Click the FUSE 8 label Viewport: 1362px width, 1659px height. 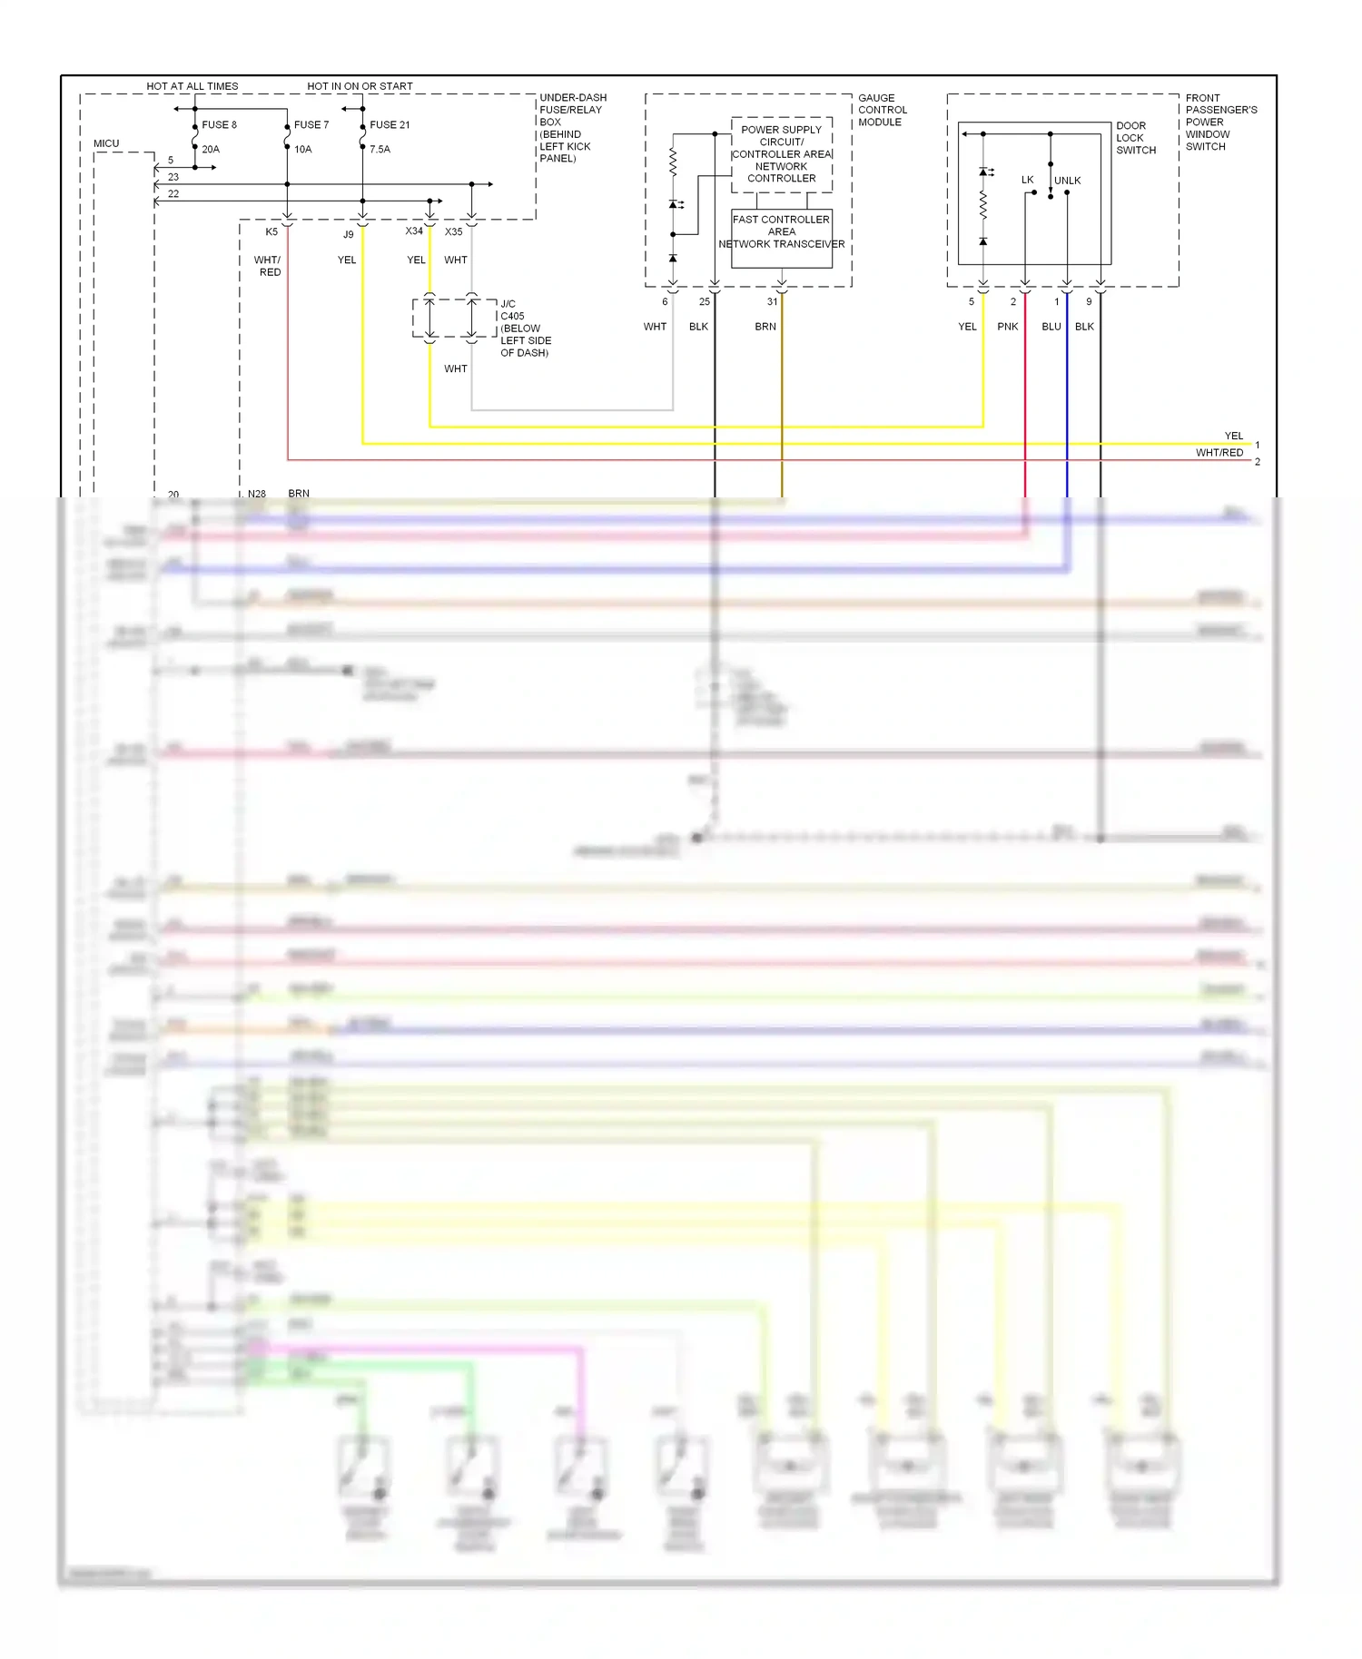tap(219, 124)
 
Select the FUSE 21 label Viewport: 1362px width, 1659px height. tap(390, 124)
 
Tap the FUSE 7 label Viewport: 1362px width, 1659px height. tap(311, 124)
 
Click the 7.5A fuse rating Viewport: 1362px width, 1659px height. tap(380, 149)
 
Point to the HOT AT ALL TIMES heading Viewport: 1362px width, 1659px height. tap(192, 86)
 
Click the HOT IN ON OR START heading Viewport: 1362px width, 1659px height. tap(360, 86)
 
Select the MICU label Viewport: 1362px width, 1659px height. tap(106, 143)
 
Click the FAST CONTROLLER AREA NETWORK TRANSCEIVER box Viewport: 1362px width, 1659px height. tap(781, 238)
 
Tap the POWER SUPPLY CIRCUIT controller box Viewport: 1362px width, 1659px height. tap(781, 153)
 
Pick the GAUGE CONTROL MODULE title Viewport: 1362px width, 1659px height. tap(882, 110)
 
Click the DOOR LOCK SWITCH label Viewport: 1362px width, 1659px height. tap(1135, 138)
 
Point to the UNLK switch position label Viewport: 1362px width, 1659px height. tap(1068, 181)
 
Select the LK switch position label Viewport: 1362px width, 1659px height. tap(1027, 180)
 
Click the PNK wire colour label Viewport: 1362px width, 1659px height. tap(1008, 327)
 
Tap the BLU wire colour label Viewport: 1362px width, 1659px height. tap(1051, 327)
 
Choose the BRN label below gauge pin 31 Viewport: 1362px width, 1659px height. tap(765, 327)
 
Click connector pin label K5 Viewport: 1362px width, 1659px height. tap(271, 232)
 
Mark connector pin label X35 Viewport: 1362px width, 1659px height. tap(454, 232)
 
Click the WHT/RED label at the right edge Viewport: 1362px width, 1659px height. tap(1219, 453)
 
